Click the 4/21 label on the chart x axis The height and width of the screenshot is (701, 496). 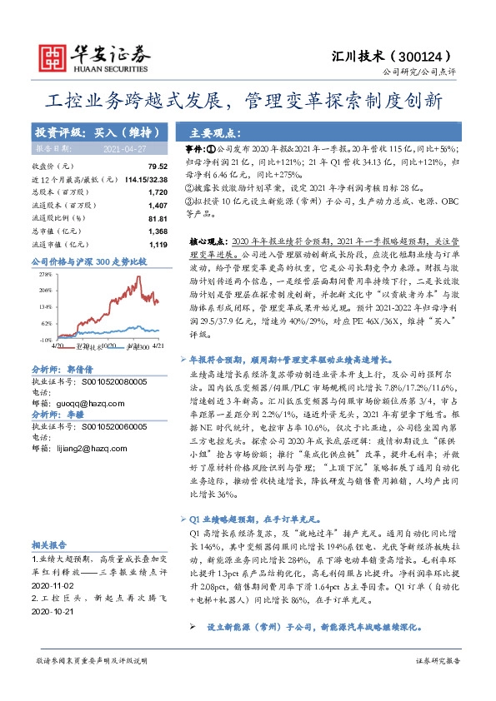pyautogui.click(x=158, y=345)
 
